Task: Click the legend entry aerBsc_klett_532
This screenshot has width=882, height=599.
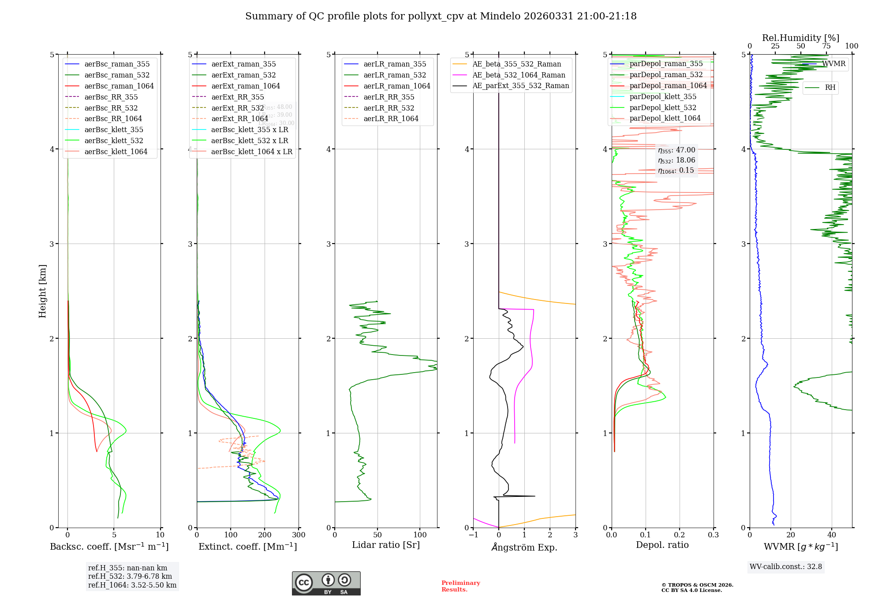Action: tap(114, 141)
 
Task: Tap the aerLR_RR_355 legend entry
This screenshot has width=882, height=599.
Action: tap(389, 97)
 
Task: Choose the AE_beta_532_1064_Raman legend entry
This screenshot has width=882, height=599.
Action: tap(519, 75)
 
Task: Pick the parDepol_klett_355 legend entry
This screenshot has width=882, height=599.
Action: tap(663, 97)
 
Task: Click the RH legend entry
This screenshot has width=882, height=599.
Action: tap(830, 88)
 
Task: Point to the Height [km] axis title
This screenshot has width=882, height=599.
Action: tap(42, 291)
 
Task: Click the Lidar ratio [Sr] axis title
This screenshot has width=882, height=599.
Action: tap(385, 545)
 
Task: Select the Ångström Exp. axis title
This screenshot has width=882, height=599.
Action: tap(524, 547)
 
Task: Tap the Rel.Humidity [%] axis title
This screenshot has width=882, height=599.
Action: tap(800, 38)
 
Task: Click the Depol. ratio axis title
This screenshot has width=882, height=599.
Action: tap(662, 545)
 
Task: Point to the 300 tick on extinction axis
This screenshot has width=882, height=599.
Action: tap(299, 535)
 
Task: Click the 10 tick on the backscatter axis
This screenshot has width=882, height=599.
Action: tap(160, 535)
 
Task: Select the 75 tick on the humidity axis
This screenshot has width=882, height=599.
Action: tap(826, 46)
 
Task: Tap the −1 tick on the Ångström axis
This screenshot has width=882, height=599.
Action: tap(473, 535)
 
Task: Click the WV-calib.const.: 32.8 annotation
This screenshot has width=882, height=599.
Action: tap(785, 567)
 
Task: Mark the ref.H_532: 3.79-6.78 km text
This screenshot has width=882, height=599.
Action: tap(130, 577)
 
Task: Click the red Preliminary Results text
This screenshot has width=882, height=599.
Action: tap(460, 586)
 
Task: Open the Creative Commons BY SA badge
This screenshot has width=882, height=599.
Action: tap(326, 584)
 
